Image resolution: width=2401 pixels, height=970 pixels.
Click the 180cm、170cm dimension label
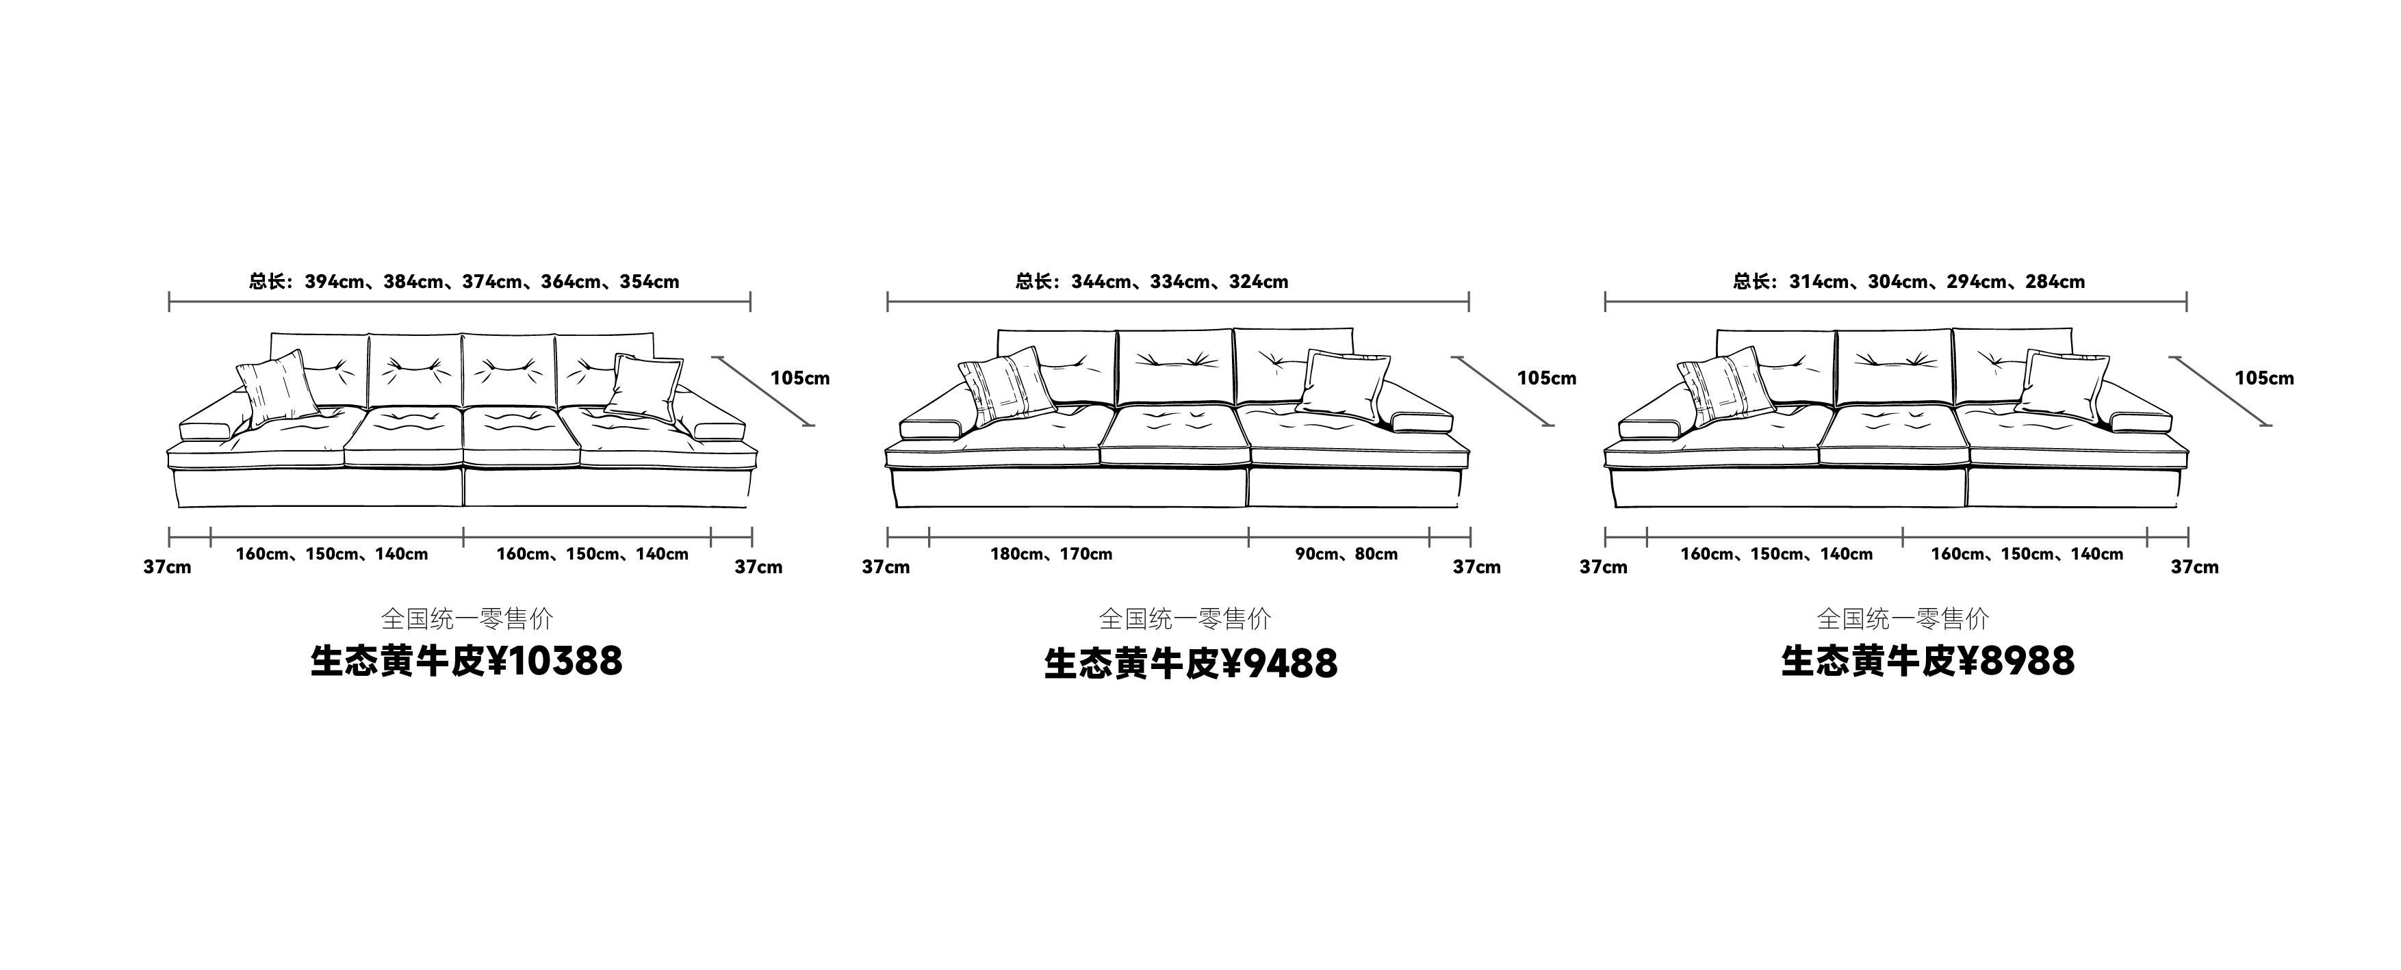1051,554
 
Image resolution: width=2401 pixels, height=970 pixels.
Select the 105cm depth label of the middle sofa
1546,378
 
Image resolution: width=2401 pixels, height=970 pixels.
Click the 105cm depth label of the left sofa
799,378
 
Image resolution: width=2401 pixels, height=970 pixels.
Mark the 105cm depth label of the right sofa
2264,378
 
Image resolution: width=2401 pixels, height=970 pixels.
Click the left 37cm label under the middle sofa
886,568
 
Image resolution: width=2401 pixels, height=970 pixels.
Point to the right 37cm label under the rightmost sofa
2194,568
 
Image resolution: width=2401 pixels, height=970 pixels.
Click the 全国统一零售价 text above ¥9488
1185,618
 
